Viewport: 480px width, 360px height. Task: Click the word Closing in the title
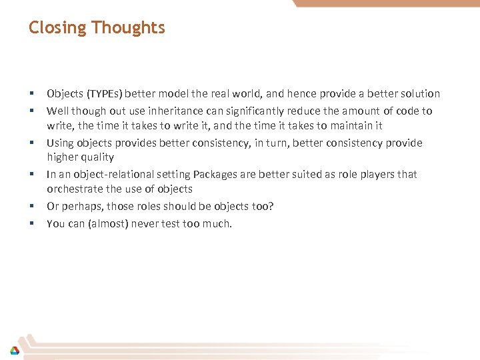58,28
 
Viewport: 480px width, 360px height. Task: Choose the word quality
99,157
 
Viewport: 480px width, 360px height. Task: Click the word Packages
213,175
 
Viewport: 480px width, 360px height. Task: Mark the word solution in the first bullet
419,94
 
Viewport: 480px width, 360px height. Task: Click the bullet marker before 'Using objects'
31,143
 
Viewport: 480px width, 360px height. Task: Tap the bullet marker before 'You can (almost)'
31,224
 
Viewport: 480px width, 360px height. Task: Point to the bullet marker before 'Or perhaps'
31,207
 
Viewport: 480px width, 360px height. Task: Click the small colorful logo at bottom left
14,350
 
